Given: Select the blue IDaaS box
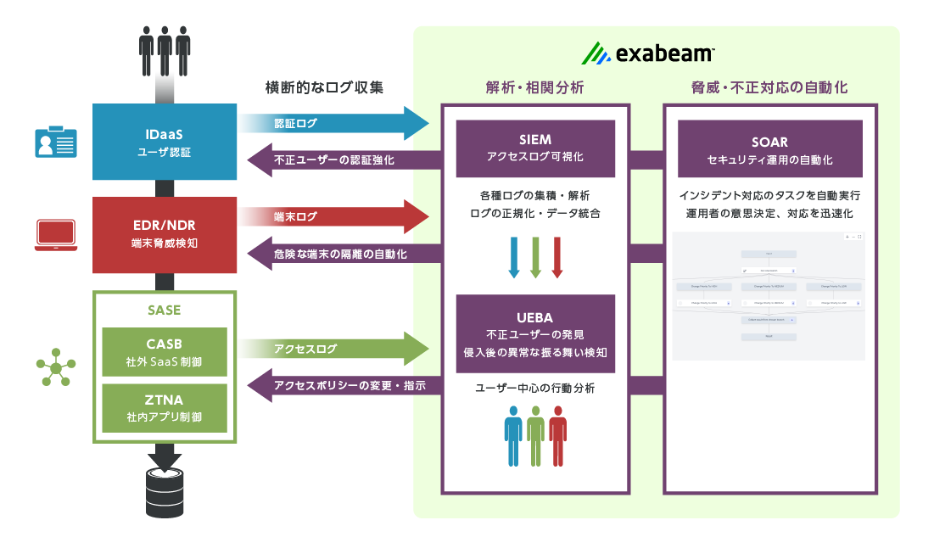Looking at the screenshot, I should tap(165, 142).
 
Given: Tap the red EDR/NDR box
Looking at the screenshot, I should tap(165, 235).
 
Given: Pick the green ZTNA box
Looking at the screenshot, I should tap(165, 408).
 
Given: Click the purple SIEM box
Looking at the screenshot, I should tap(535, 148).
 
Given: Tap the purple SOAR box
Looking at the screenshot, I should tap(770, 148).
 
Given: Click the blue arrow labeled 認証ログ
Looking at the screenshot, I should tap(339, 124).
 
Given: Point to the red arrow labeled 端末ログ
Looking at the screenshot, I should tap(339, 217).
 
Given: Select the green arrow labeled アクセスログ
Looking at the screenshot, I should tap(339, 349).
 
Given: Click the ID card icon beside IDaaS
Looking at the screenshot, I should tap(55, 142).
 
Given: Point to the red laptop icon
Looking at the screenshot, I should tap(55, 235).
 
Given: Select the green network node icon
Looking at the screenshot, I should tap(55, 367).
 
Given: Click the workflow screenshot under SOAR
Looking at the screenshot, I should tap(768, 295).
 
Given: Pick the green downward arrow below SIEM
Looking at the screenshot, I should tap(535, 257).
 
